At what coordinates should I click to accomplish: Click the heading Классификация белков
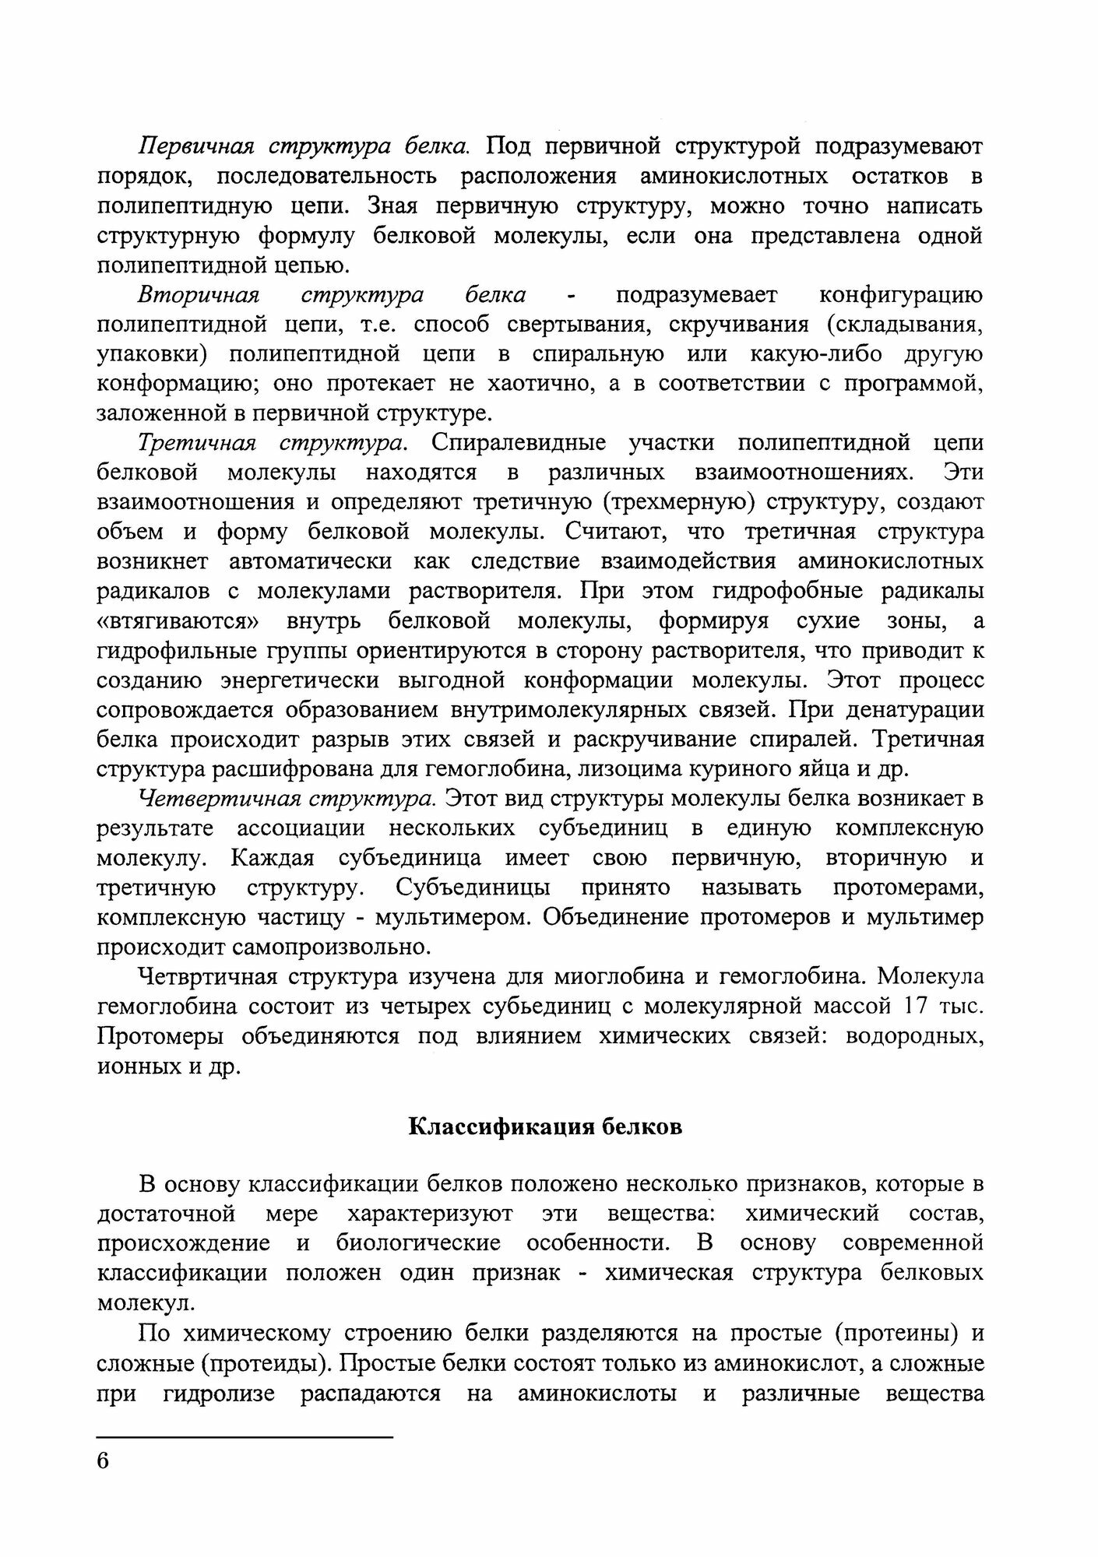[x=545, y=1127]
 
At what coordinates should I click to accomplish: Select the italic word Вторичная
[x=198, y=295]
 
